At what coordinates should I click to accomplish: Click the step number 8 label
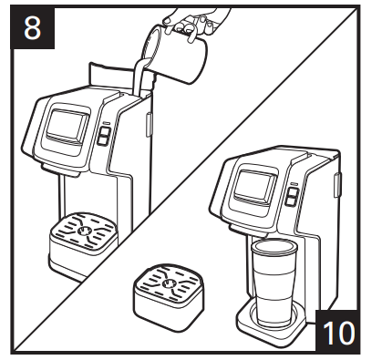tap(33, 28)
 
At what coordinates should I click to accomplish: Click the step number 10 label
tap(338, 332)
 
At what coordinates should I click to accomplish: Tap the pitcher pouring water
tap(175, 54)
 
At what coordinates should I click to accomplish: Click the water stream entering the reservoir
tap(139, 77)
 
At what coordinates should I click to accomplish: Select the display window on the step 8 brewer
tap(67, 125)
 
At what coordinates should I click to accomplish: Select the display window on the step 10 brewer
tap(255, 185)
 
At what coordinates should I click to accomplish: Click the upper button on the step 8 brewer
tap(104, 131)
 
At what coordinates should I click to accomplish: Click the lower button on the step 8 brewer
tap(103, 139)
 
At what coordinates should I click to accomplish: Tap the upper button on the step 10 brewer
tap(293, 192)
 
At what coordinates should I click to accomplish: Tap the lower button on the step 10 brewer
tap(291, 201)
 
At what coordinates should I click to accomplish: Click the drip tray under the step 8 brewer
tap(82, 243)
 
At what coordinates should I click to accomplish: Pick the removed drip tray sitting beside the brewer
tap(168, 296)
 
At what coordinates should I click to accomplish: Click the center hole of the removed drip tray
tap(168, 283)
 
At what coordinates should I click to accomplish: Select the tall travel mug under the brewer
tap(274, 283)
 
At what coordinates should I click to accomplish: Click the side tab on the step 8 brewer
tap(149, 125)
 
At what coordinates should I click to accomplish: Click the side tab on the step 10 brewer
tap(337, 185)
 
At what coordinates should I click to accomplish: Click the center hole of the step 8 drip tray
tap(83, 231)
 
